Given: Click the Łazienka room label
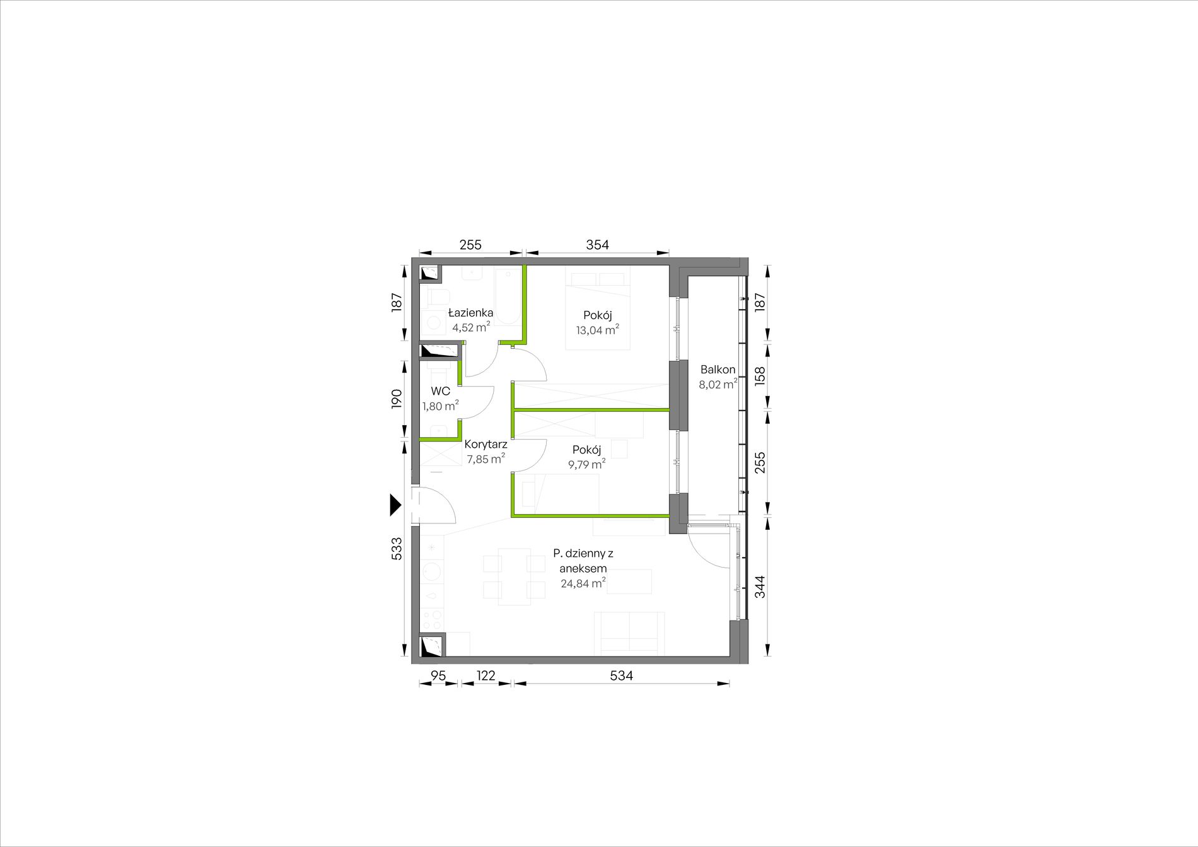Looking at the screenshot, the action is pos(470,313).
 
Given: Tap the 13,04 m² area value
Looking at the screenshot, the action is pos(597,330).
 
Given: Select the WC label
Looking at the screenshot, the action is pos(441,391).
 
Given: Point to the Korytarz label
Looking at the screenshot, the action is pos(486,444).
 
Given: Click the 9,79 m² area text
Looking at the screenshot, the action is pos(586,465).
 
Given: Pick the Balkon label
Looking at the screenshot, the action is pos(718,370).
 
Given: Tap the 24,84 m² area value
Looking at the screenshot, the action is pos(583,583).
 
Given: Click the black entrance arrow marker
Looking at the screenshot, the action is pos(395,505).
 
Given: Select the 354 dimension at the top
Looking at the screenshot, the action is pos(597,245).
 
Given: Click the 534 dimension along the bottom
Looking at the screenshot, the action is pos(621,675).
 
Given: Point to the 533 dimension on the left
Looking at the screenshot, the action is pos(396,548).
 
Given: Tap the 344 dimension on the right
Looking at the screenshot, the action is pos(760,587).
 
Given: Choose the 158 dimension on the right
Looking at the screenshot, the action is pos(760,377).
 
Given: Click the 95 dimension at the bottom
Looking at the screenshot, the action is pos(438,675).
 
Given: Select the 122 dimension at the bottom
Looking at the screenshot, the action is pos(486,675).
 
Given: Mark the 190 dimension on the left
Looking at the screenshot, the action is pos(396,399).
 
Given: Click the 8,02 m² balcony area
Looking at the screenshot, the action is pos(718,384).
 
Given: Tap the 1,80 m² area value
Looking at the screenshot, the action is pos(441,406).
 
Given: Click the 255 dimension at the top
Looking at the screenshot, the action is pos(470,245).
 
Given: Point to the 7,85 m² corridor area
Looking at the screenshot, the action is pos(486,459).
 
